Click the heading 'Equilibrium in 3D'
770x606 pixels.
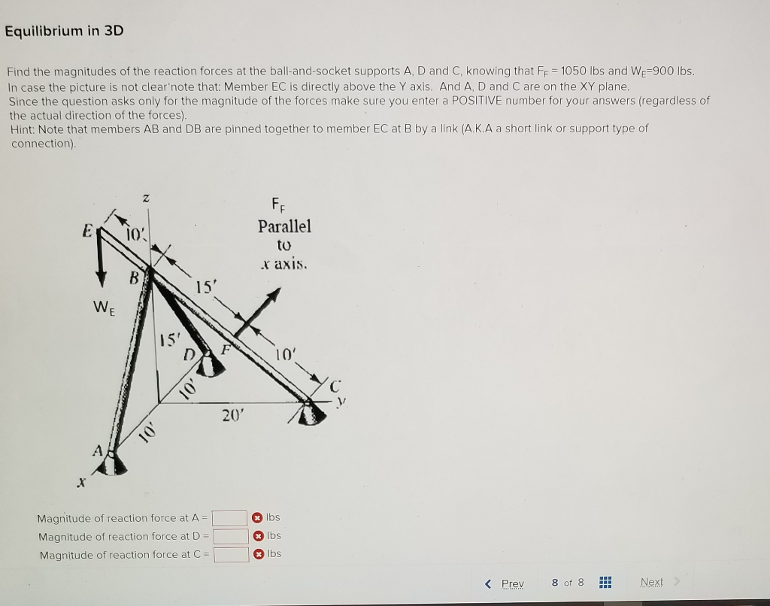pyautogui.click(x=64, y=31)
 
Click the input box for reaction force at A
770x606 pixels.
pyautogui.click(x=230, y=518)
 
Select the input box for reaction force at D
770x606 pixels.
pyautogui.click(x=230, y=536)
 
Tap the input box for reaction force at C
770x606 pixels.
pyautogui.click(x=230, y=555)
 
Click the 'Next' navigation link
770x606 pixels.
pyautogui.click(x=652, y=583)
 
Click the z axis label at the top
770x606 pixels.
pyautogui.click(x=146, y=197)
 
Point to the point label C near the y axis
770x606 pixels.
pyautogui.click(x=335, y=387)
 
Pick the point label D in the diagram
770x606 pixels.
pyautogui.click(x=190, y=353)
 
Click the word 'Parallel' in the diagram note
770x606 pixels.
pyautogui.click(x=284, y=226)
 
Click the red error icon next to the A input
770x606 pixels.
pyautogui.click(x=257, y=518)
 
